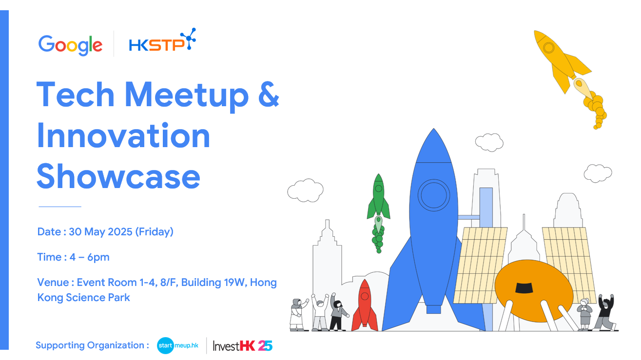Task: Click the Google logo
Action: [x=70, y=45]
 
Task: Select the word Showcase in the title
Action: [x=118, y=176]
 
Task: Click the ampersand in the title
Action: [x=268, y=95]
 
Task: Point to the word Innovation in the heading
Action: [x=124, y=135]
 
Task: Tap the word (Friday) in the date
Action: [x=154, y=231]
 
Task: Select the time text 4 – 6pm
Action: [x=89, y=257]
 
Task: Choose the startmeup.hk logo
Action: [x=177, y=345]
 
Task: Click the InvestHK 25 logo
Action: [x=242, y=346]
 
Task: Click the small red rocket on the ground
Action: [x=365, y=305]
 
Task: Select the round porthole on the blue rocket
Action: [x=433, y=195]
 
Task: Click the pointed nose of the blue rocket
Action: [x=434, y=129]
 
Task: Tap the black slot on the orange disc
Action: [x=524, y=287]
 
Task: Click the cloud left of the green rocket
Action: [x=305, y=190]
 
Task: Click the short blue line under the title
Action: [x=60, y=207]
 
